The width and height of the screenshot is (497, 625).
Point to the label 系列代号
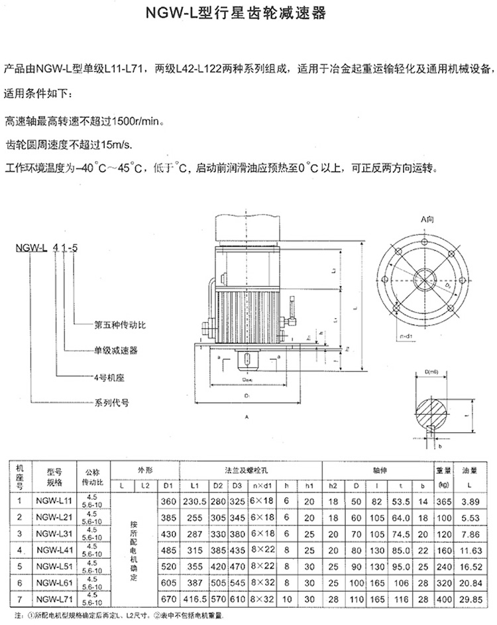pyautogui.click(x=111, y=402)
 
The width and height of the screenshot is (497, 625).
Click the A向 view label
pyautogui.click(x=426, y=219)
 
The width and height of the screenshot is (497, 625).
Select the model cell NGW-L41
pyautogui.click(x=54, y=549)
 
